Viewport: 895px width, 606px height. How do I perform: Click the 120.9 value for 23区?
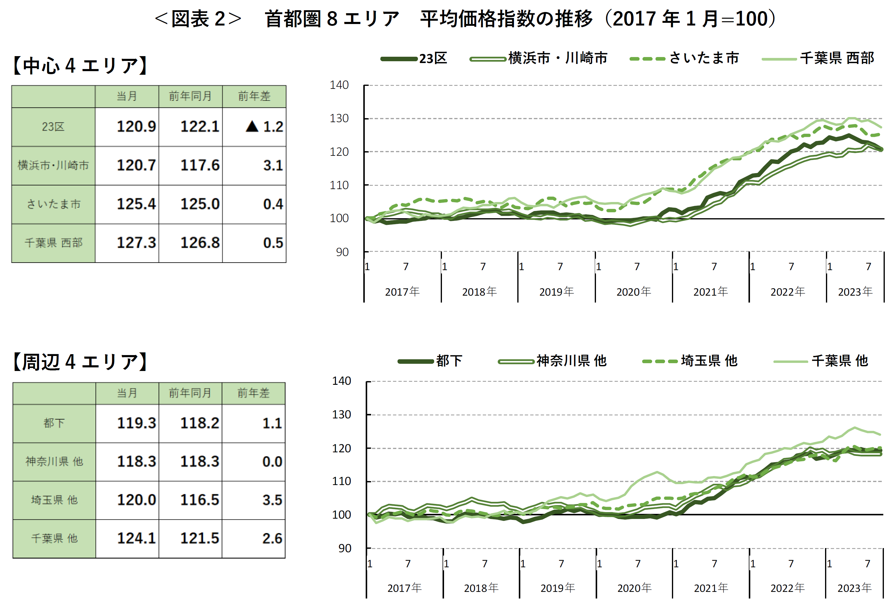pyautogui.click(x=136, y=126)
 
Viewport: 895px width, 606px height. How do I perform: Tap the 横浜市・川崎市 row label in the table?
pyautogui.click(x=53, y=166)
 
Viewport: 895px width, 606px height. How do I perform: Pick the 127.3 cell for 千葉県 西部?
pyautogui.click(x=136, y=243)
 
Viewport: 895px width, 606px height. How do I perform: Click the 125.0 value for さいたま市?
pyautogui.click(x=200, y=204)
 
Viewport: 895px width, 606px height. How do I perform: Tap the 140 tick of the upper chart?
pyautogui.click(x=339, y=85)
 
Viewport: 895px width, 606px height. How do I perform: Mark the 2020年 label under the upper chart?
pyautogui.click(x=633, y=292)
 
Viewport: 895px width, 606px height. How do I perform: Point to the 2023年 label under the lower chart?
pyautogui.click(x=854, y=588)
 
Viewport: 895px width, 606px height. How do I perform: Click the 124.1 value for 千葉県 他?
pyautogui.click(x=136, y=538)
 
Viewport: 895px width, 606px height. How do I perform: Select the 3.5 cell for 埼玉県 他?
pyautogui.click(x=272, y=500)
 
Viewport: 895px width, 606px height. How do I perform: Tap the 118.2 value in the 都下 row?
pyautogui.click(x=199, y=423)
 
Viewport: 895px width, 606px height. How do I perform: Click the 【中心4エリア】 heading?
pyautogui.click(x=80, y=65)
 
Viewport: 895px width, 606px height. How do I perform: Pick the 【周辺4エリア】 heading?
pyautogui.click(x=80, y=362)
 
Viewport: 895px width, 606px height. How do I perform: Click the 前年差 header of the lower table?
pyautogui.click(x=253, y=393)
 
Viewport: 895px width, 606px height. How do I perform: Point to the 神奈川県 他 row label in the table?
pyautogui.click(x=54, y=461)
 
